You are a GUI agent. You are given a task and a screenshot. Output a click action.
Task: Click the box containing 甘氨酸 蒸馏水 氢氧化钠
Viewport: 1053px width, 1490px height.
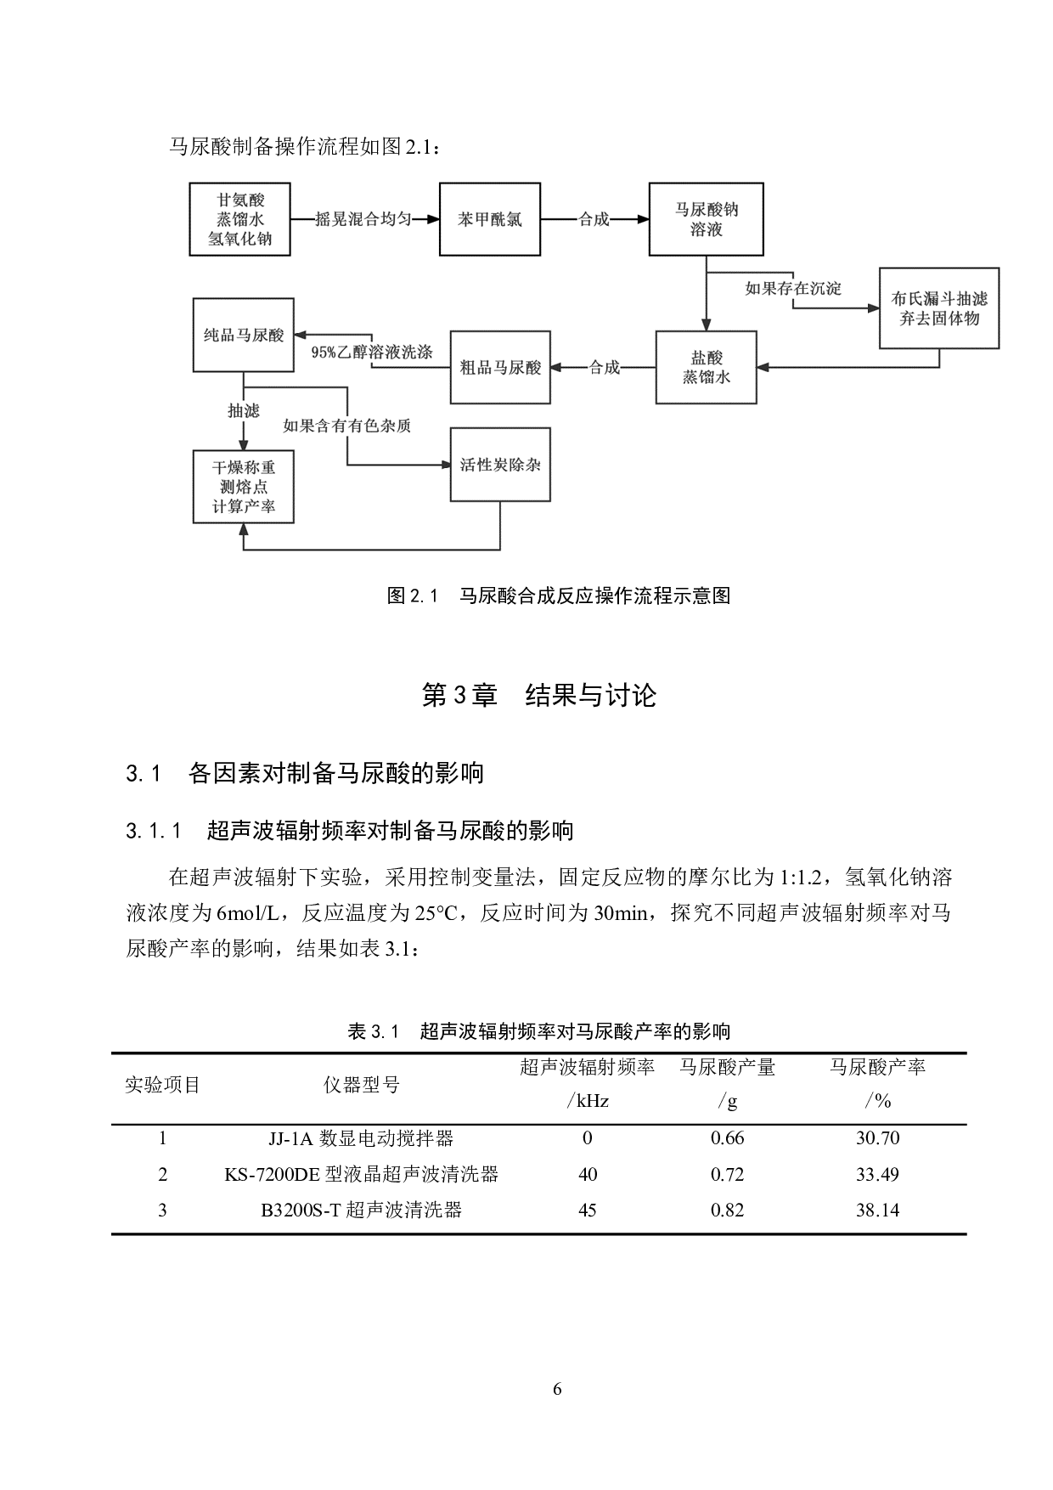pyautogui.click(x=239, y=219)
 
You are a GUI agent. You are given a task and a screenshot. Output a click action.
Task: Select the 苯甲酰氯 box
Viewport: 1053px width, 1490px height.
pyautogui.click(x=489, y=219)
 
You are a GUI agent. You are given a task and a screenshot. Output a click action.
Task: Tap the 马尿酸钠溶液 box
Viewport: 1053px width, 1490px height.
pyautogui.click(x=706, y=219)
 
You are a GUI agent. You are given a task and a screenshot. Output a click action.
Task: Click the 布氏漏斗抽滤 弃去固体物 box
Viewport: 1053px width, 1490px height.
pyautogui.click(x=938, y=308)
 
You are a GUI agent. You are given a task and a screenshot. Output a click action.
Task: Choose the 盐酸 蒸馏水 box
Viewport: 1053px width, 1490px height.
pyautogui.click(x=706, y=367)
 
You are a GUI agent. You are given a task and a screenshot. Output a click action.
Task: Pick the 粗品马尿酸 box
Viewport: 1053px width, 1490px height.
pyautogui.click(x=500, y=367)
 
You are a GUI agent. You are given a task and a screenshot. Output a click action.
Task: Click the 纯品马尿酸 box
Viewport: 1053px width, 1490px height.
pyautogui.click(x=244, y=335)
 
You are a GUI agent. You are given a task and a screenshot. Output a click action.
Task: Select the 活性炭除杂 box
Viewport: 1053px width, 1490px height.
pyautogui.click(x=500, y=465)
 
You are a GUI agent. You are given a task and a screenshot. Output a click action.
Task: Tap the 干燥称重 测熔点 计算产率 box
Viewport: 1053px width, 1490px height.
pyautogui.click(x=244, y=487)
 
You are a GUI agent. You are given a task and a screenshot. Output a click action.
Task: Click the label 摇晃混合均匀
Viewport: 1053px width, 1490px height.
pyautogui.click(x=363, y=219)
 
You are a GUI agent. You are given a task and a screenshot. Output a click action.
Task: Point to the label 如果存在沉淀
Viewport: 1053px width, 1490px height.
pyautogui.click(x=793, y=289)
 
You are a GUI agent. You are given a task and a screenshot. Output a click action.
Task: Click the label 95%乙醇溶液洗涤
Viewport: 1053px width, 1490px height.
pyautogui.click(x=372, y=352)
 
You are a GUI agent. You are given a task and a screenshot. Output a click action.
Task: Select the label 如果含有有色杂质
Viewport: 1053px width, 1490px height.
pyautogui.click(x=346, y=426)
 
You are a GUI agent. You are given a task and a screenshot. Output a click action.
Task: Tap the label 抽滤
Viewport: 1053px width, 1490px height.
pyautogui.click(x=244, y=411)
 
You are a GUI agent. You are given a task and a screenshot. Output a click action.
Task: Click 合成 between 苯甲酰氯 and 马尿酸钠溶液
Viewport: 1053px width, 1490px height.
pyautogui.click(x=594, y=219)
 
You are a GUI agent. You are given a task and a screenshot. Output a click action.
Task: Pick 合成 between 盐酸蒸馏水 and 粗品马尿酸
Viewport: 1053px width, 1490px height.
pyautogui.click(x=604, y=368)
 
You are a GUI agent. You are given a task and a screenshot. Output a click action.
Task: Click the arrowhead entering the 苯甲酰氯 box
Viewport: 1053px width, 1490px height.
pyautogui.click(x=433, y=219)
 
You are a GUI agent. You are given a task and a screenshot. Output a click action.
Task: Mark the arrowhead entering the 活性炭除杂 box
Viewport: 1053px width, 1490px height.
pyautogui.click(x=444, y=465)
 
